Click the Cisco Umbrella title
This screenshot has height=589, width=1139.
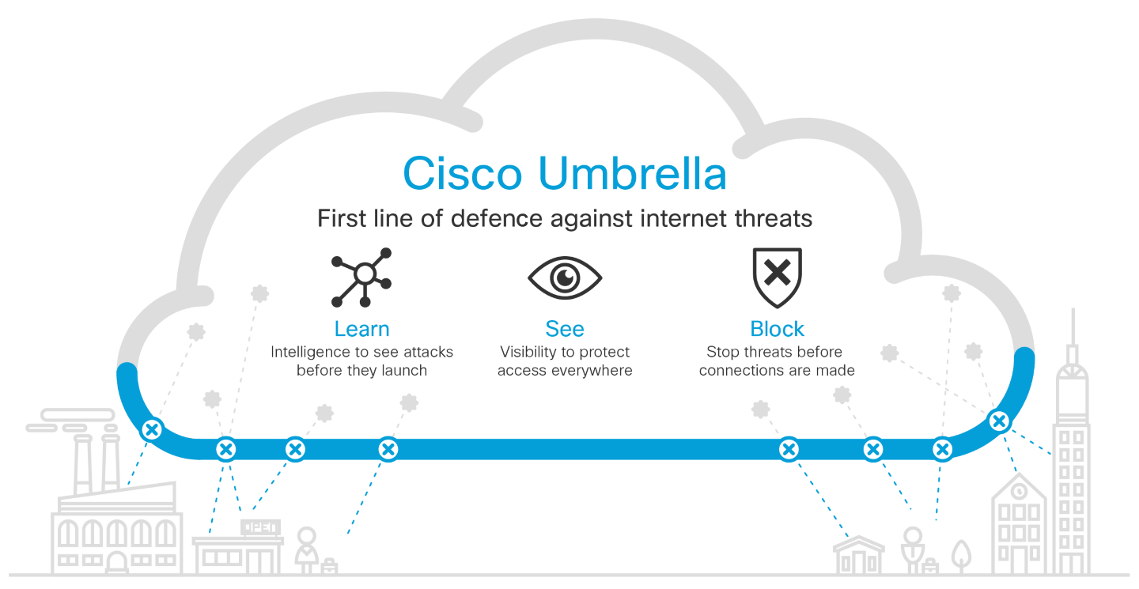[x=564, y=173]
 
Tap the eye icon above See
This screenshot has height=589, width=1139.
[x=565, y=278]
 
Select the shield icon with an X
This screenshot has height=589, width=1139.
[x=777, y=276]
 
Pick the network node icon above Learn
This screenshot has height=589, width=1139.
[x=362, y=277]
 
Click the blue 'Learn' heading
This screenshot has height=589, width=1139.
[x=361, y=329]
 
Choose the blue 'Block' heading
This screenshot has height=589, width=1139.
[x=777, y=329]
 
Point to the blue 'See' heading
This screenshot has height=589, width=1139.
[x=565, y=329]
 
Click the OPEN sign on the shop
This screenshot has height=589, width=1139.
[x=259, y=527]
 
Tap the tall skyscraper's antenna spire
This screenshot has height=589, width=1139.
[x=1073, y=328]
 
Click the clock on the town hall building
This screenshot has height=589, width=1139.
[x=1020, y=492]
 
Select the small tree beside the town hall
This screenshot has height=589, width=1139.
[x=960, y=554]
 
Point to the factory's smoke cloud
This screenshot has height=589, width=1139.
[x=71, y=420]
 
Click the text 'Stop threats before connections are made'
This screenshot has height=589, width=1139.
[x=777, y=361]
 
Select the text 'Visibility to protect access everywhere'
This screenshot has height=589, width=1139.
[x=565, y=361]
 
